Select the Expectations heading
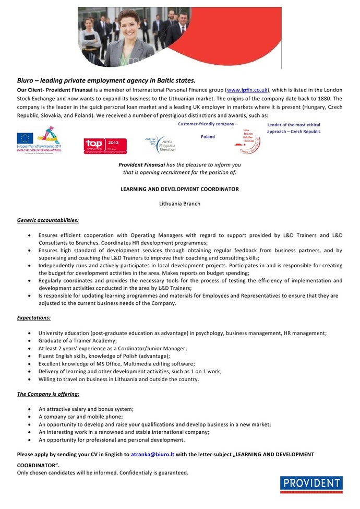point(34,317)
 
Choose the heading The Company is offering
point(48,394)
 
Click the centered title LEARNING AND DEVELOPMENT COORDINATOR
point(179,189)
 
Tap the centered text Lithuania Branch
point(179,204)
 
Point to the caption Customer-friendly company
point(207,124)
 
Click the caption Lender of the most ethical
point(293,125)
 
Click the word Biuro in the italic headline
point(26,80)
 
